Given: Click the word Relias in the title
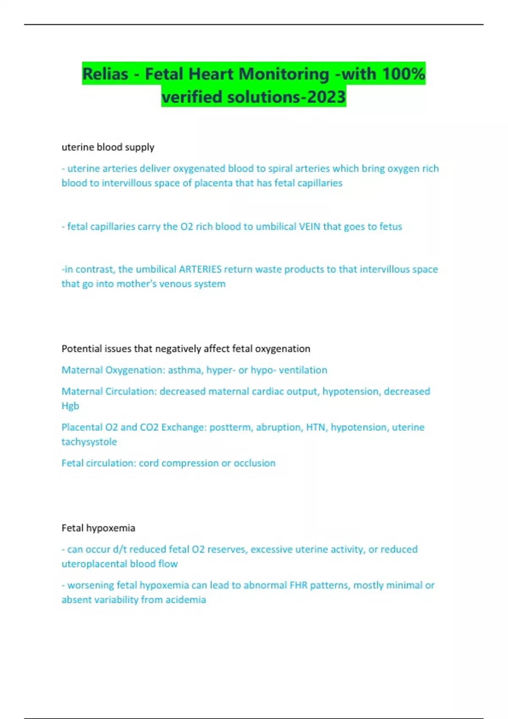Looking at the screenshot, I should [105, 74].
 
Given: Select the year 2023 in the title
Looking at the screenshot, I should [326, 97].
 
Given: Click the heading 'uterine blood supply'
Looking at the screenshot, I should [108, 147].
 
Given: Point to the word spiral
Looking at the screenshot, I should [280, 168].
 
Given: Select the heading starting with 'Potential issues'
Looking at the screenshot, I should [186, 349].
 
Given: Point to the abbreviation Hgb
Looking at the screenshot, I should [70, 406].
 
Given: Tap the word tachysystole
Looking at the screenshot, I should [89, 442].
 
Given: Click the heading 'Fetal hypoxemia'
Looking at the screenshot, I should [98, 528].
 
